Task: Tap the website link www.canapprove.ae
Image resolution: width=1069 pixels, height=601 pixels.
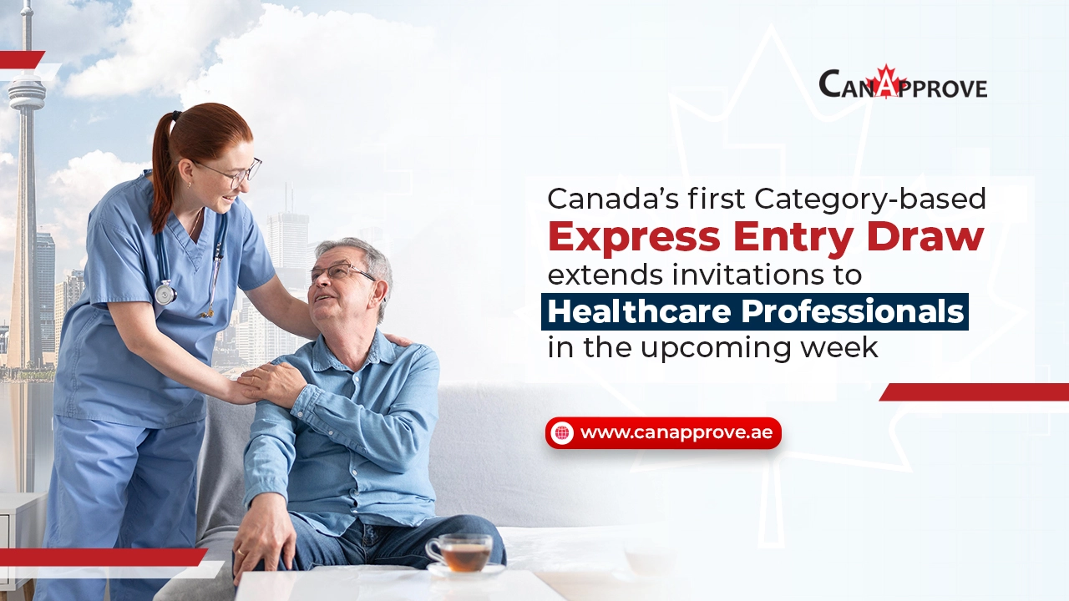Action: (676, 432)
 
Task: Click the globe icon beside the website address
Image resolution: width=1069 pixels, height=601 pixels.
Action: (562, 433)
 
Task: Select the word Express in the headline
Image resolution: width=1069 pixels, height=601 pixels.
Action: (634, 238)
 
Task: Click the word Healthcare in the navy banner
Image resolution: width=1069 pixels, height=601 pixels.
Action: (639, 311)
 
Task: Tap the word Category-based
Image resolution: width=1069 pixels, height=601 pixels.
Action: (869, 199)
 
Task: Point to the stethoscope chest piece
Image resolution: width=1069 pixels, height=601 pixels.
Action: (165, 292)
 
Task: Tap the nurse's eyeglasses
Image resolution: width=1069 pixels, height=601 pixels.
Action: (233, 173)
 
